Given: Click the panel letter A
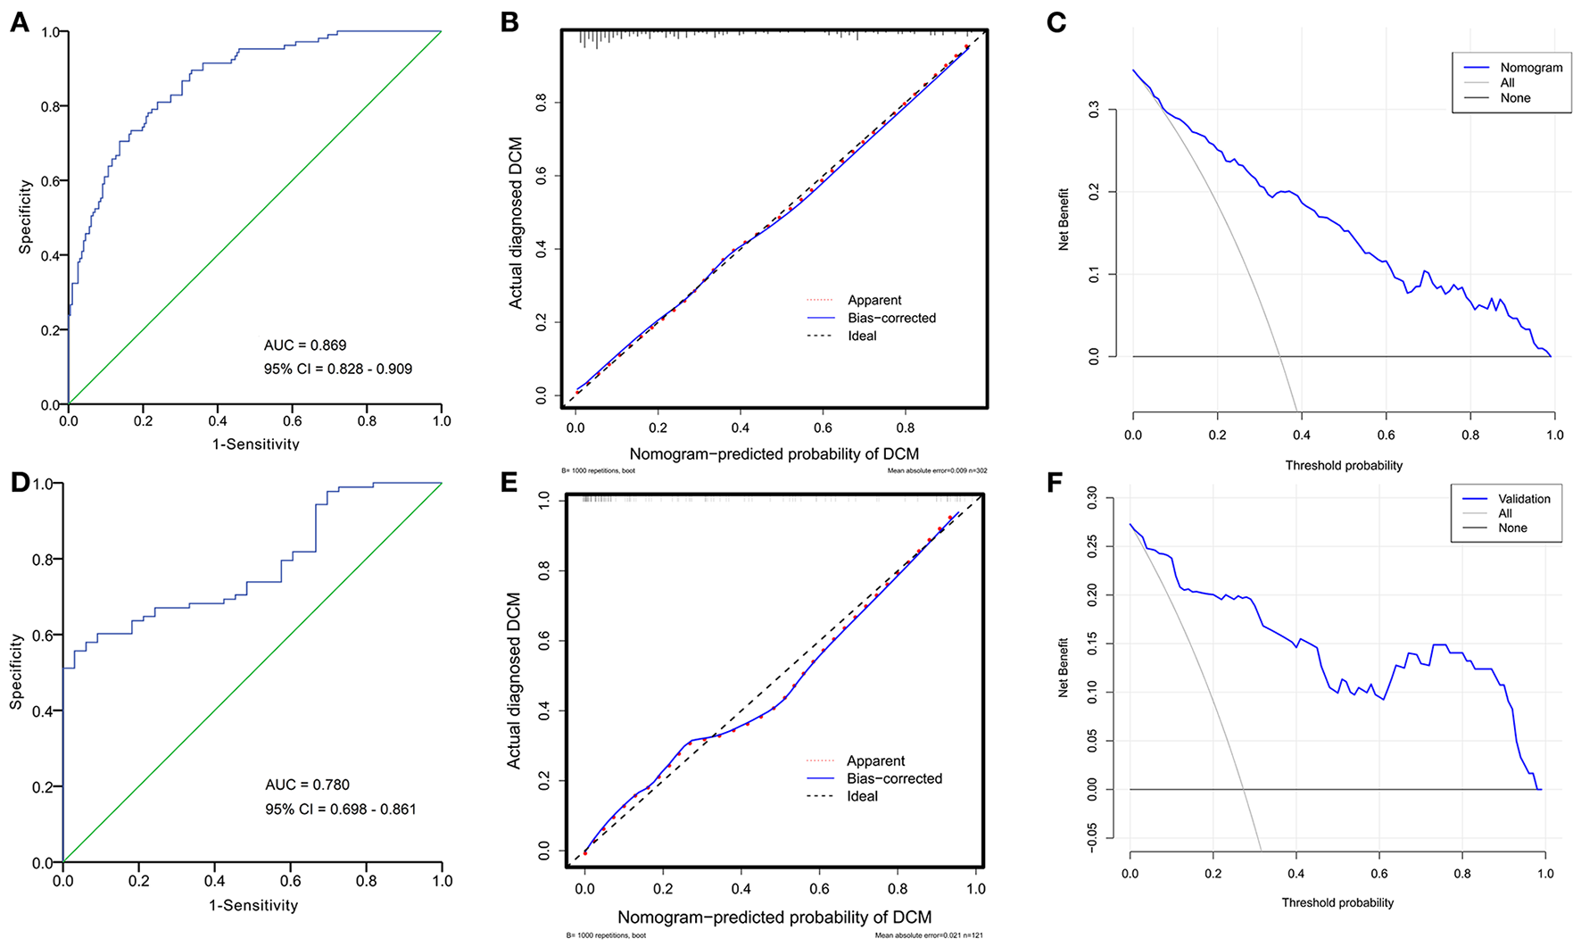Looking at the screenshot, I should [20, 22].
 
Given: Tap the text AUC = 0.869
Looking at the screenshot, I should [305, 345].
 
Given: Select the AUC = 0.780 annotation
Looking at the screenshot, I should [307, 785].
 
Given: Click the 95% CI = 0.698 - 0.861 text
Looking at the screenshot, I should [340, 810].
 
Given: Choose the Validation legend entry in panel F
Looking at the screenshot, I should [1524, 498].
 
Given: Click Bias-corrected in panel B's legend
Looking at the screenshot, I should [891, 318].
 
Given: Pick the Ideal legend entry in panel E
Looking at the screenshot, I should [862, 796].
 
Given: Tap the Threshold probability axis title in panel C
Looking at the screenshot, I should [1344, 465].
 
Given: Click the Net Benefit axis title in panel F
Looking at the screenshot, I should [1064, 667].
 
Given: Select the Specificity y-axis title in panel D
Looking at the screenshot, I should [16, 672].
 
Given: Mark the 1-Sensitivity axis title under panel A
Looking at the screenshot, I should [255, 444].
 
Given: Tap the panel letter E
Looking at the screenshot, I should [509, 483].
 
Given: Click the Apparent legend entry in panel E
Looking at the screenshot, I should [875, 760].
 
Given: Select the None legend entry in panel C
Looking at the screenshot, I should [1515, 98].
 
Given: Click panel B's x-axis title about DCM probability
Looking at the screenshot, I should [774, 453].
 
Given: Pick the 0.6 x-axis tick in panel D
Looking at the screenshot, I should [291, 880].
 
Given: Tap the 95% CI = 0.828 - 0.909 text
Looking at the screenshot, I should [338, 369].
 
